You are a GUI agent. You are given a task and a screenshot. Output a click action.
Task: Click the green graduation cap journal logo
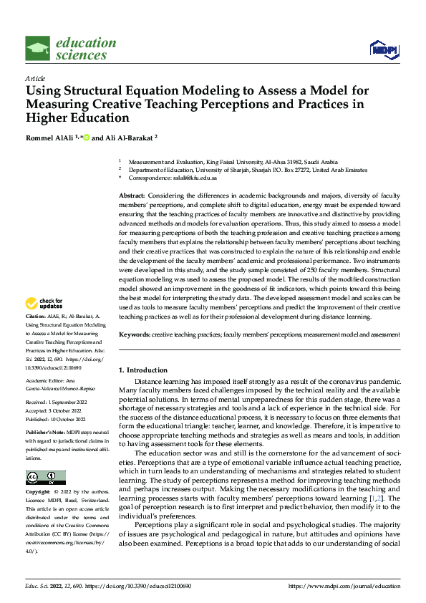[38, 49]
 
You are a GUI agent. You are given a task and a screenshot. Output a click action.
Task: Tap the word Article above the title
[35, 77]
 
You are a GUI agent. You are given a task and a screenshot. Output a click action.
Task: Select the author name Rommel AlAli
[49, 137]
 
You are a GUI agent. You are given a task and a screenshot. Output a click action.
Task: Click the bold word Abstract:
[133, 196]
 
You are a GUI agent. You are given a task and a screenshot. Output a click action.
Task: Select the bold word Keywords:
[135, 334]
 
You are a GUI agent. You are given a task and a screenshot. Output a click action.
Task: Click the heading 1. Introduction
[142, 370]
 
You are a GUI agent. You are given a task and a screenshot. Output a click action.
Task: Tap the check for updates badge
[44, 304]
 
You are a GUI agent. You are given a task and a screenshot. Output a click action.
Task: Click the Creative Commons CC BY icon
[45, 477]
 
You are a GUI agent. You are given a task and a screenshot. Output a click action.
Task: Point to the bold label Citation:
[37, 314]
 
